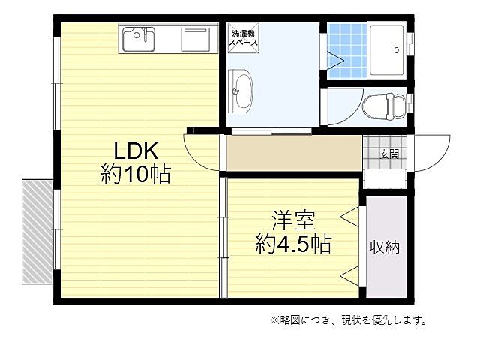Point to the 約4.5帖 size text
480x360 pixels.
(x=293, y=244)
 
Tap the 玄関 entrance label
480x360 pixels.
(x=388, y=154)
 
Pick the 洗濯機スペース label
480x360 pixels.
(x=244, y=39)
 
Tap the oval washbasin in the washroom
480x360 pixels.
(x=242, y=91)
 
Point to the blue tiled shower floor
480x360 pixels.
(x=346, y=50)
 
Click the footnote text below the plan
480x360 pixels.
(x=348, y=320)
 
